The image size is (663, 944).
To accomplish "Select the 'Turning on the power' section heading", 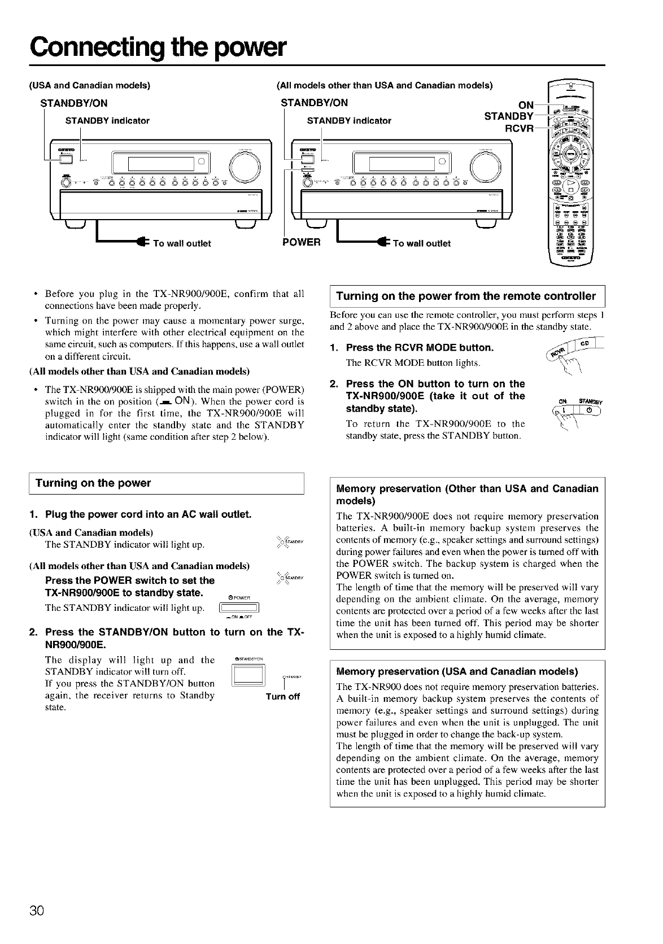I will coord(93,483).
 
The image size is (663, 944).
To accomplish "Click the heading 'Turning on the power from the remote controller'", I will coord(466,296).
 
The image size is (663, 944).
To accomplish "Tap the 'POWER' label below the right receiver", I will coord(301,243).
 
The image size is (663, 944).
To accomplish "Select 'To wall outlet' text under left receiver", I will coord(182,243).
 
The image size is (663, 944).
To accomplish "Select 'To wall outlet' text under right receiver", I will coord(421,243).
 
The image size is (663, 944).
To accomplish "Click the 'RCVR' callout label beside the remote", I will coord(519,127).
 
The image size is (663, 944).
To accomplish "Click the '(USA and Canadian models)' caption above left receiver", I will coord(89,86).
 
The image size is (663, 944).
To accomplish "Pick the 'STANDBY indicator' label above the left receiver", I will coord(107,120).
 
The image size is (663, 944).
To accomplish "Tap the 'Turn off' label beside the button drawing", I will coord(282,696).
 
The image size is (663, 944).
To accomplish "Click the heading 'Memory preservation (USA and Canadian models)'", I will coord(457,672).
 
